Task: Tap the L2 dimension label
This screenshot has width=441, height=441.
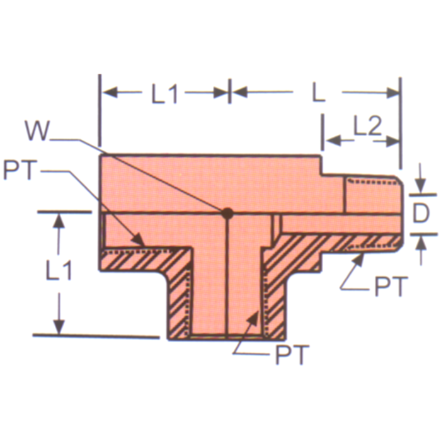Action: point(367,128)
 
